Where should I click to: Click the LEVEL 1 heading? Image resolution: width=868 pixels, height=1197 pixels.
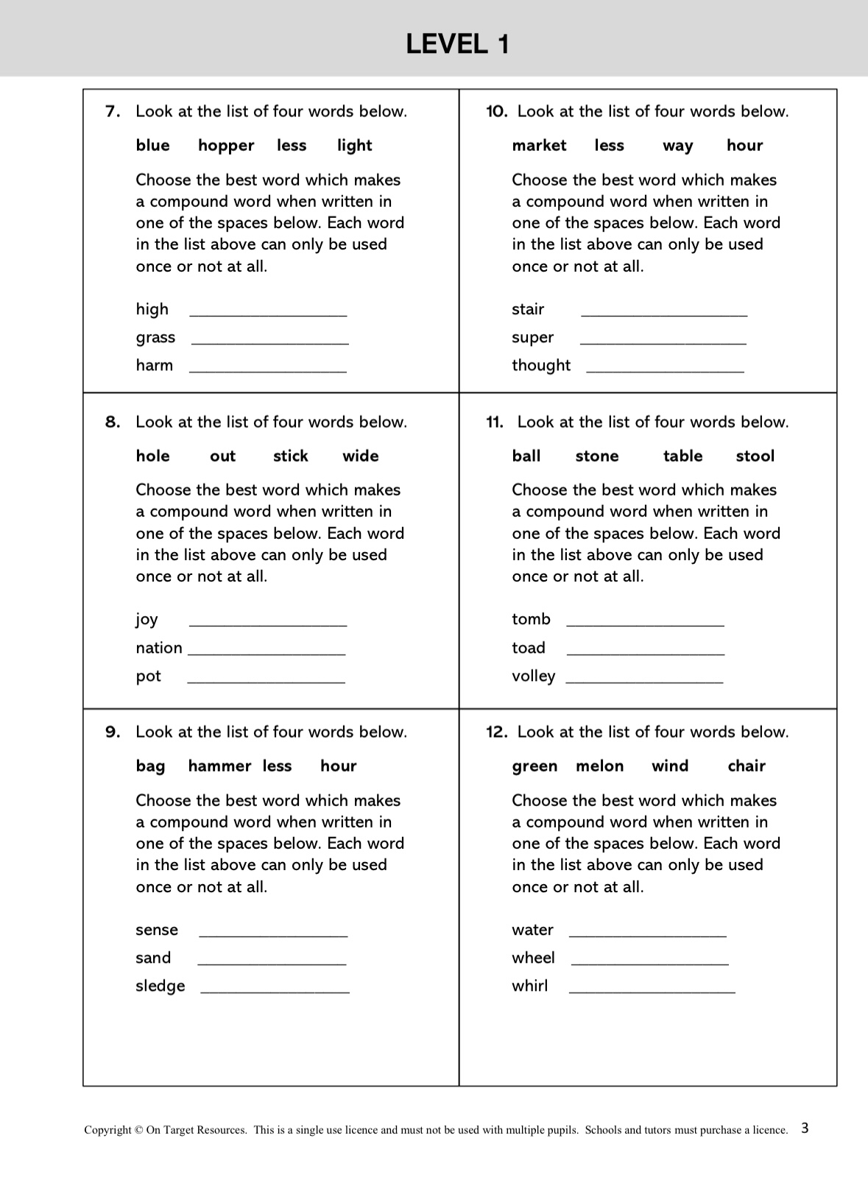point(457,45)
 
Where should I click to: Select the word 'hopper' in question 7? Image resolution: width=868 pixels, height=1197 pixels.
point(226,146)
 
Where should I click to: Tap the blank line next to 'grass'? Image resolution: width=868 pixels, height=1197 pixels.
point(269,342)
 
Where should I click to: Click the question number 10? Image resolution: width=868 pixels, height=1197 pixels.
point(496,112)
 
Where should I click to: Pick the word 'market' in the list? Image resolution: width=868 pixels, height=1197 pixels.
point(539,146)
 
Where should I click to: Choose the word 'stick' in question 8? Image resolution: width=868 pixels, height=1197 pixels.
point(290,456)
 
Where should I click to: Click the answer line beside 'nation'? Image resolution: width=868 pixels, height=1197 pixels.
point(267,653)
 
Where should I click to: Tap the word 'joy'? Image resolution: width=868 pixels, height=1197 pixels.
point(147,620)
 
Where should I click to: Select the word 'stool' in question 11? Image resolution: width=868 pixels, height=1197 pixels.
point(755,456)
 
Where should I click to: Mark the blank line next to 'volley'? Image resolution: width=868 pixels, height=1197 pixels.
point(644,682)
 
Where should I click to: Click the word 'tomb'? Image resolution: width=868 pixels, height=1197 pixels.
point(531,619)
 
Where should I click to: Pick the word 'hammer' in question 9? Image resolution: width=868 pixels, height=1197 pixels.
point(219,766)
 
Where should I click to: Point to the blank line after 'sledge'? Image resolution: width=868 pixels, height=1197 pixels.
point(275,992)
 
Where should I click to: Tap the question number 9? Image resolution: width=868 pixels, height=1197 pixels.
point(112,732)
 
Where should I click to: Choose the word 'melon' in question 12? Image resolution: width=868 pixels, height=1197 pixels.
point(599,766)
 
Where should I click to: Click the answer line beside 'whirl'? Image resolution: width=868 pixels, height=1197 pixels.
point(652,992)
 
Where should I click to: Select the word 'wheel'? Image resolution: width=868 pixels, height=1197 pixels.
point(533,958)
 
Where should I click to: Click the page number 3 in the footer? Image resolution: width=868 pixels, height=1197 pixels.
point(805,1128)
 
